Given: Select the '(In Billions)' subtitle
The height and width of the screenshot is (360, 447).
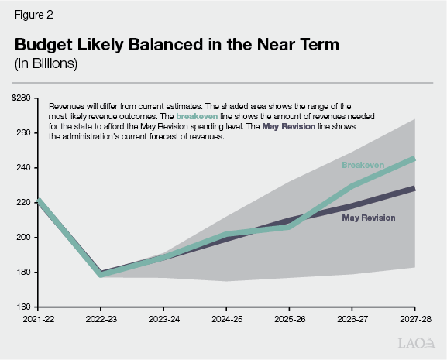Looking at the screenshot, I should (46, 64).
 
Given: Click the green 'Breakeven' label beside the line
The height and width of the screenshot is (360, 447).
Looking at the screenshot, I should (362, 166).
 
